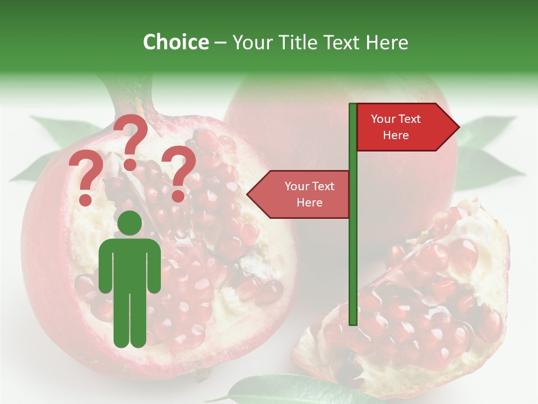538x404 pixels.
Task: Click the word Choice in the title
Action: point(175,42)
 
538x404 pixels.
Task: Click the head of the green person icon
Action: point(130,223)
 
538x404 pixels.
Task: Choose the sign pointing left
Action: point(303,194)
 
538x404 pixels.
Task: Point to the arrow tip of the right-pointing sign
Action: point(456,127)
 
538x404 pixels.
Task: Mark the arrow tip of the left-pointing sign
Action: point(250,194)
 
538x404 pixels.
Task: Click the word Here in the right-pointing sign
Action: point(396,135)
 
